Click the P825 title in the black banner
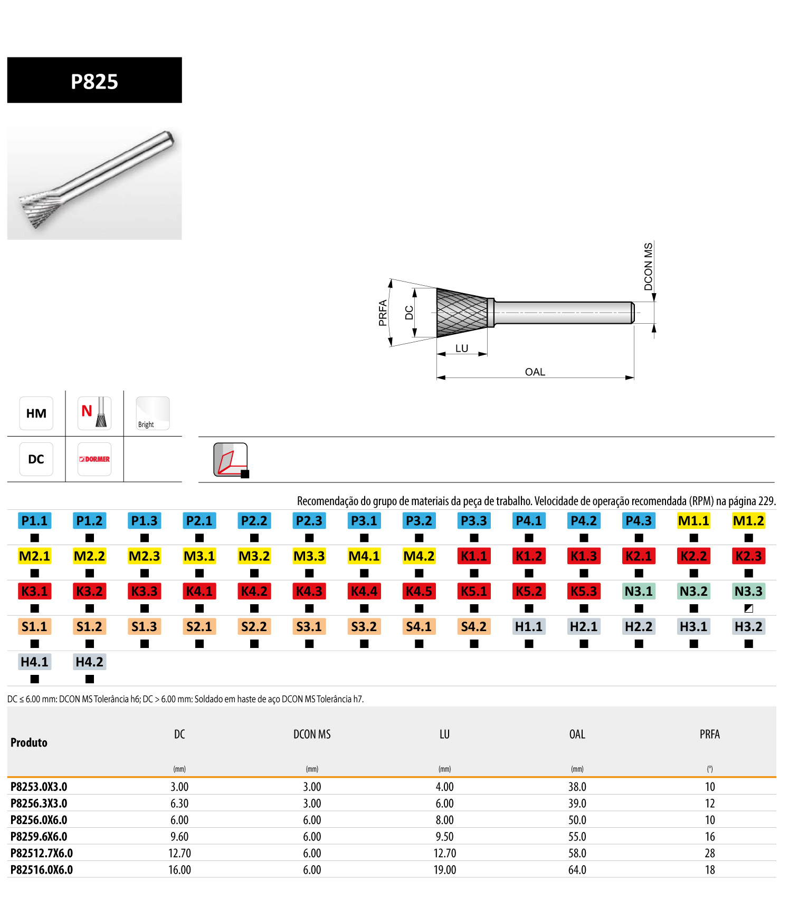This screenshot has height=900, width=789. click(94, 82)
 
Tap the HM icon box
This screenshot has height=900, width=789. click(36, 413)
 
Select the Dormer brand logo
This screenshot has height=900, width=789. click(94, 459)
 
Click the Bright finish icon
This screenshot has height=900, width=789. click(153, 413)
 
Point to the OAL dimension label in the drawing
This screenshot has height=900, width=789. click(535, 372)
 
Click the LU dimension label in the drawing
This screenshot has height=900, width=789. click(462, 349)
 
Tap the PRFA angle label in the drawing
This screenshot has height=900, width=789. click(383, 313)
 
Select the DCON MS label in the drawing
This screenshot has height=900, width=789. click(649, 266)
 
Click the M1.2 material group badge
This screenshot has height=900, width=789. click(748, 521)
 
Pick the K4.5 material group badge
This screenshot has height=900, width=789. click(419, 592)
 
